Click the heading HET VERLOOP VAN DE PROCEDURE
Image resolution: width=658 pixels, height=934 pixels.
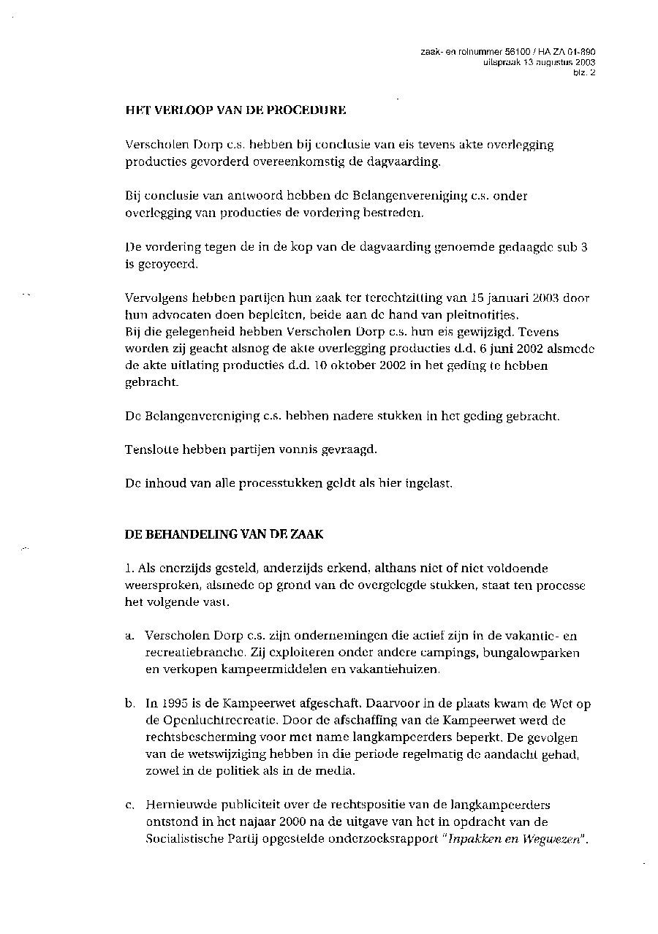coord(235,112)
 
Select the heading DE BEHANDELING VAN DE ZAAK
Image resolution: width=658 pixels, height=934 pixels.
coord(224,534)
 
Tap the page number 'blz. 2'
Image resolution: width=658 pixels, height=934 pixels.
coord(585,72)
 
